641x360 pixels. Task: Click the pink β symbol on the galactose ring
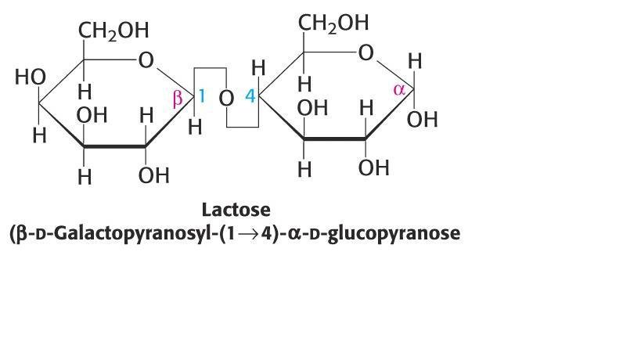[178, 99]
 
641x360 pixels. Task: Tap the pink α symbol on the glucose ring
[399, 90]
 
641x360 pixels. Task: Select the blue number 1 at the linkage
[201, 96]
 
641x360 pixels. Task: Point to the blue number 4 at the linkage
[250, 96]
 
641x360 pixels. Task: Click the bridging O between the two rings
[226, 99]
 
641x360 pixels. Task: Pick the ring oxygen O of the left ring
[146, 60]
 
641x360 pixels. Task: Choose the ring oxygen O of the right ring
[366, 52]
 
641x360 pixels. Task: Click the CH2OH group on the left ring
[113, 31]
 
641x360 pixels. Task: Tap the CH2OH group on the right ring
[333, 23]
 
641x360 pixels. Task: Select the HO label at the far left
[31, 77]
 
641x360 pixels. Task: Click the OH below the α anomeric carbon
[423, 119]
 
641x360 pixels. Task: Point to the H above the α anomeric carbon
[415, 61]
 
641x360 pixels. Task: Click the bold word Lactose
[236, 210]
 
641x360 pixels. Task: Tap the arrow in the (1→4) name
[249, 234]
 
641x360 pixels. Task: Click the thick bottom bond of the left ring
[114, 146]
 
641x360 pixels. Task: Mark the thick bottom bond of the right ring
[334, 139]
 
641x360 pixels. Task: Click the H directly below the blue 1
[195, 127]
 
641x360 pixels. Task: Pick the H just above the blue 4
[258, 68]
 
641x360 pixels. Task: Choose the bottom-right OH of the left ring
[153, 175]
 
